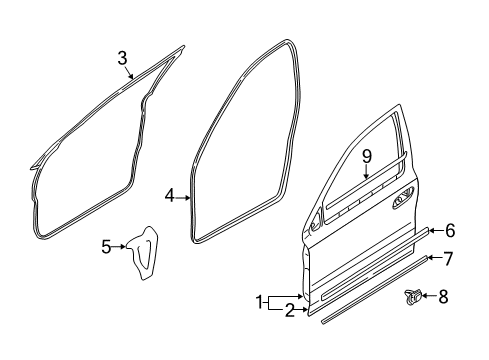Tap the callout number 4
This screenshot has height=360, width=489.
[x=170, y=196]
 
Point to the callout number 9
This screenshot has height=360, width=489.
[x=366, y=155]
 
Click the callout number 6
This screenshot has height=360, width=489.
[x=450, y=231]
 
